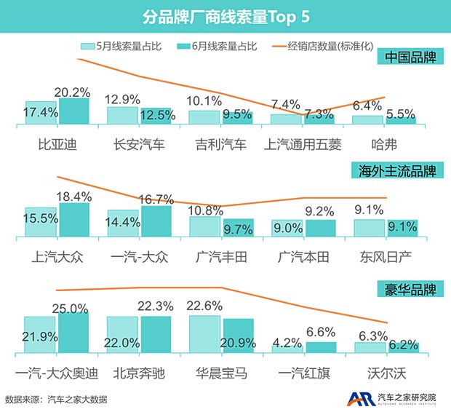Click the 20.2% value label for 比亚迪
[x=73, y=93]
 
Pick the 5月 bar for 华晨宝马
[x=204, y=335]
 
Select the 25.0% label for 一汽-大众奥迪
[x=73, y=308]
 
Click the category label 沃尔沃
[x=386, y=374]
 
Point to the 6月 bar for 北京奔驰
[x=156, y=335]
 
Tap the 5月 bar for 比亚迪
[x=41, y=114]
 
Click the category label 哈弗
[x=386, y=143]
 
